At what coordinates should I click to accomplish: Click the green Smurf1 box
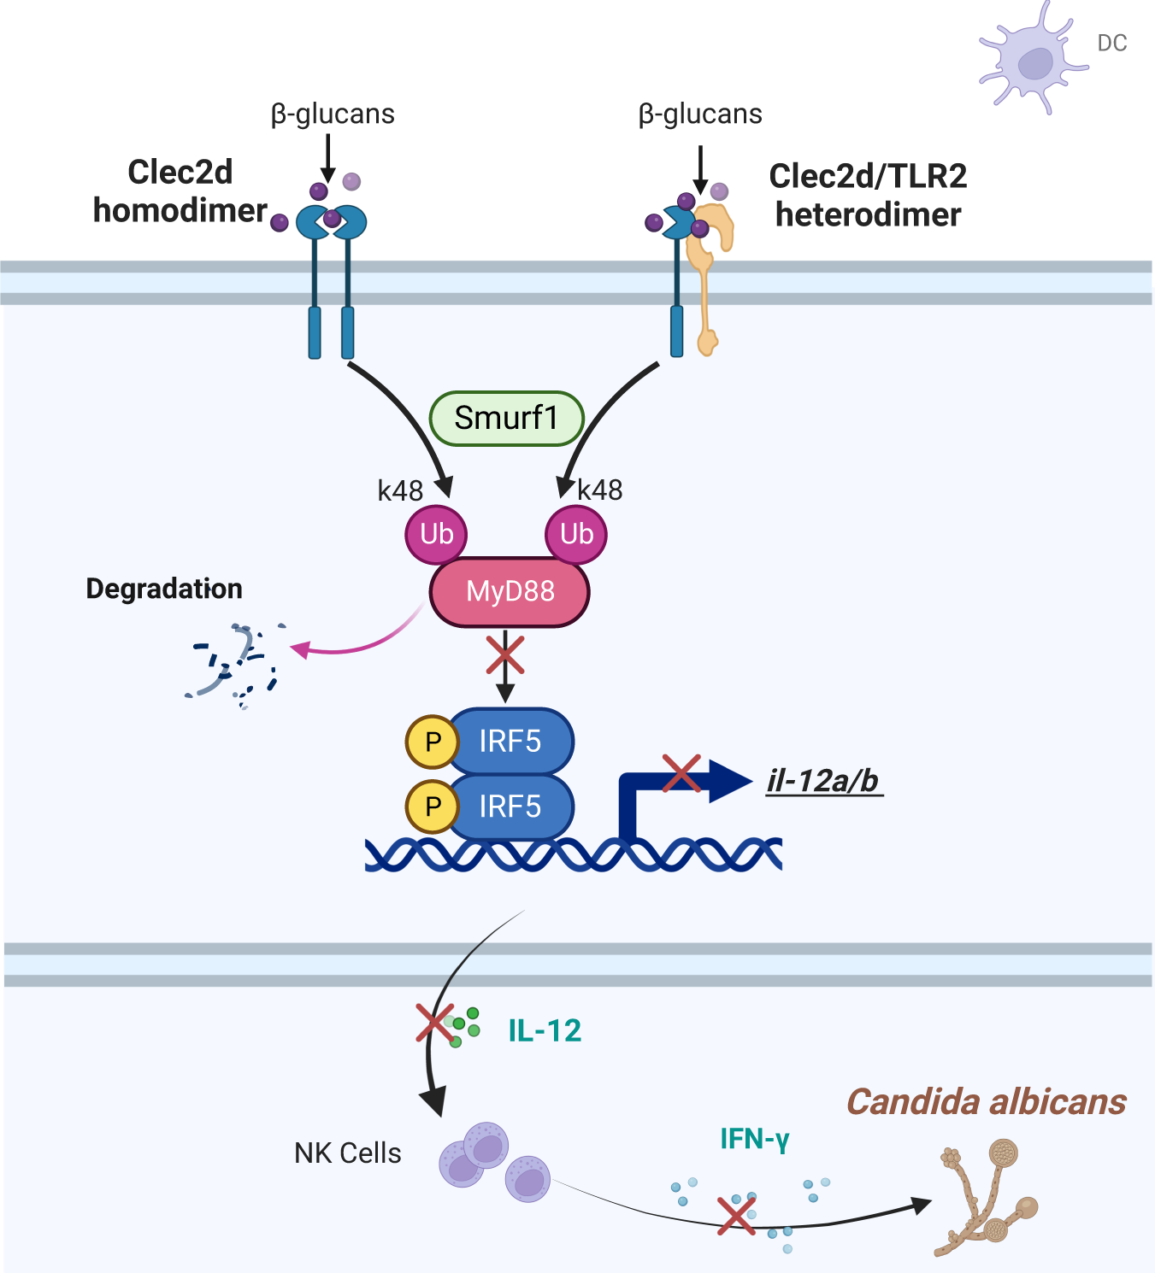(506, 419)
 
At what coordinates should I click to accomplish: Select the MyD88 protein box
(510, 591)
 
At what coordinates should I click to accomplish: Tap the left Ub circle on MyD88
(436, 534)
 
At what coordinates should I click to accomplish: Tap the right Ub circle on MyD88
(576, 534)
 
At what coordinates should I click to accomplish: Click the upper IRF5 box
(510, 741)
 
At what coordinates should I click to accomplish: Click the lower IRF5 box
(510, 806)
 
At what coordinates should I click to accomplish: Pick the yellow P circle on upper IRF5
(433, 742)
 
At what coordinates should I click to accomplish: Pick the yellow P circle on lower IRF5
(433, 807)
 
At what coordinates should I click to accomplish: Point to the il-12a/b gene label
(823, 781)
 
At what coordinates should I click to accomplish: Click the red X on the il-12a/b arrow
(681, 773)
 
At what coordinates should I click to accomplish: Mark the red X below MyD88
(505, 656)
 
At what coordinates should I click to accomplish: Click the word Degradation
(164, 589)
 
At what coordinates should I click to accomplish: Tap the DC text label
(1111, 43)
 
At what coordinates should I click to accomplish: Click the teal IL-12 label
(545, 1030)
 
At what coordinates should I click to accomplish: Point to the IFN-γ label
(754, 1139)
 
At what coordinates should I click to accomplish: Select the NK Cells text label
(347, 1153)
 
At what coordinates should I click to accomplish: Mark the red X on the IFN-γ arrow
(736, 1216)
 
